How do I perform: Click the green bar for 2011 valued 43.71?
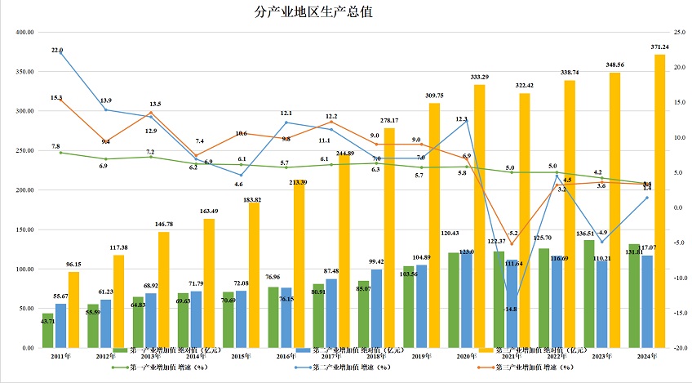pos(48,331)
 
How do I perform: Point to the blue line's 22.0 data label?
pos(57,51)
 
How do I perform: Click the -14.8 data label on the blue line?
pos(511,309)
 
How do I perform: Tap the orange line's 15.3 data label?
pos(56,97)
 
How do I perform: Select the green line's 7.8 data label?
pos(56,146)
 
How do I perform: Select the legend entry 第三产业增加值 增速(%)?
pos(531,367)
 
